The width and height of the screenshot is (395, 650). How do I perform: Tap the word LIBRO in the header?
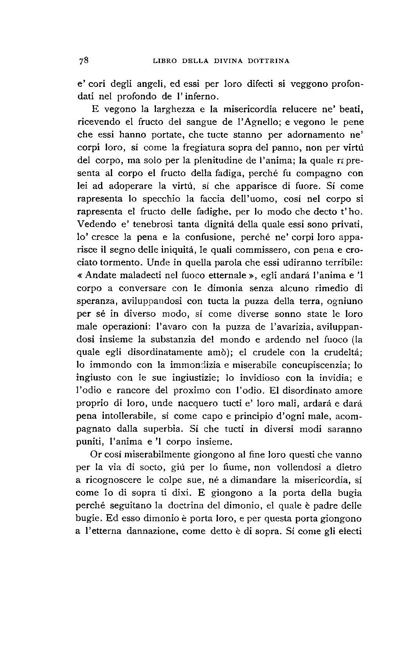(x=164, y=61)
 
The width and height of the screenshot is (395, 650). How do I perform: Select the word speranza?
(x=93, y=302)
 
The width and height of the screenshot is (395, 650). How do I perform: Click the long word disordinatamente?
(x=173, y=353)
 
